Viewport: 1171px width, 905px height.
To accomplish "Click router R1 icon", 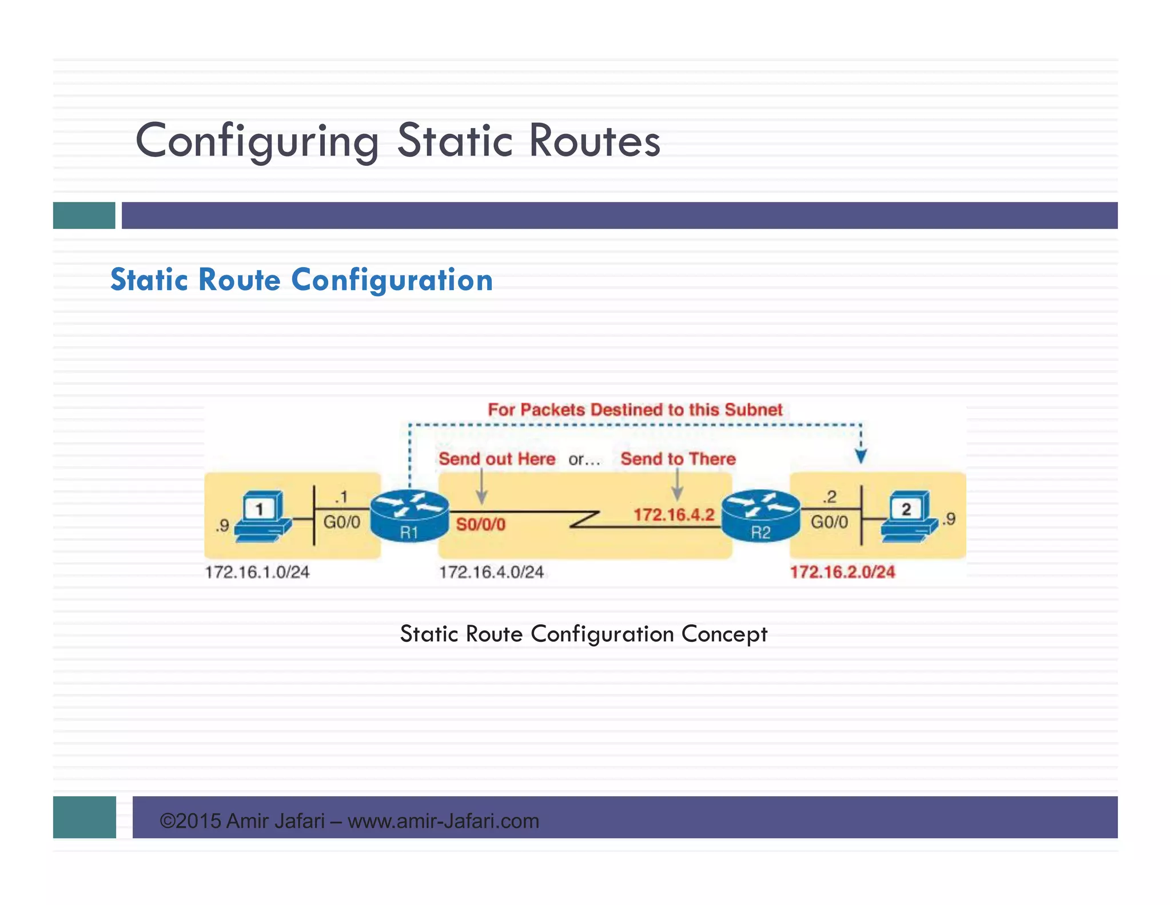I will [409, 516].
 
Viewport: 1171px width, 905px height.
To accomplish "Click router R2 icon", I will [760, 516].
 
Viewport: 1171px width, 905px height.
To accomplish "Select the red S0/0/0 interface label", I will [480, 525].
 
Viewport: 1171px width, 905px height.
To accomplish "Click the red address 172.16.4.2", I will [674, 515].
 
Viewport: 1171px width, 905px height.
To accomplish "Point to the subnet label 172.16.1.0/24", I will [257, 572].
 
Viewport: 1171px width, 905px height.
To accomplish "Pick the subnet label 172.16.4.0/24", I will [491, 572].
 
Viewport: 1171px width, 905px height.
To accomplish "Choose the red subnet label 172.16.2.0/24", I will [842, 572].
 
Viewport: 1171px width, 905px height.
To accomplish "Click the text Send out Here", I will [496, 459].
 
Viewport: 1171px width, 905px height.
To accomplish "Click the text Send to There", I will [678, 459].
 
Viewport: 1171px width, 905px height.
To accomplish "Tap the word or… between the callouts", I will [584, 459].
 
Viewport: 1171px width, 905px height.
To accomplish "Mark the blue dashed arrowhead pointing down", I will [861, 456].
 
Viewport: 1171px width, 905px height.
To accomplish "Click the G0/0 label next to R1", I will [342, 522].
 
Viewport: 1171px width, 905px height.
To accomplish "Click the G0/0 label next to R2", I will [829, 522].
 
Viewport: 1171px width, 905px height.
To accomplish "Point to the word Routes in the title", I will [595, 141].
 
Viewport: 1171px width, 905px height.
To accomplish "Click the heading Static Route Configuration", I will [301, 280].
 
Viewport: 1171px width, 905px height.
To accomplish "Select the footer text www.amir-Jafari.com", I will [443, 821].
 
